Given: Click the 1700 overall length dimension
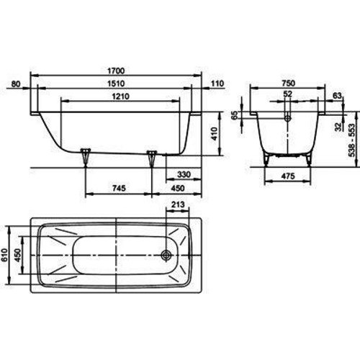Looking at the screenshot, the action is tap(116, 71).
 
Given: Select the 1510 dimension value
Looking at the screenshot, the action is tap(116, 84).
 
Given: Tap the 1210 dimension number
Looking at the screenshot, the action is tap(121, 96).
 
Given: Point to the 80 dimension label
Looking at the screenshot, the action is tap(16, 84).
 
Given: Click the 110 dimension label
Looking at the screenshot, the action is tap(217, 84).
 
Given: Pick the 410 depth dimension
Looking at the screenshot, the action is tap(214, 134).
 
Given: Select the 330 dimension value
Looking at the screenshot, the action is tap(184, 174).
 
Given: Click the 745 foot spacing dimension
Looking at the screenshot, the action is tap(120, 188).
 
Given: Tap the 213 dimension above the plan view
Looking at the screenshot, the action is tap(178, 204).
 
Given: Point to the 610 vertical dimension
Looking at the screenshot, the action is tap(4, 255).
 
